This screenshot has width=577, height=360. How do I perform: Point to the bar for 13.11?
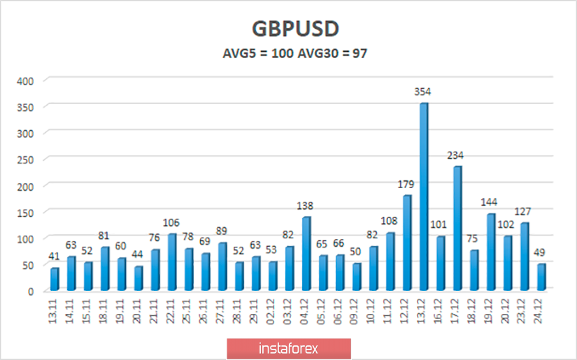click(x=54, y=278)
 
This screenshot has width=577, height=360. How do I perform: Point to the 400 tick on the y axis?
click(x=25, y=81)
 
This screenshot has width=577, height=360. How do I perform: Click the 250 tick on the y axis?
click(x=25, y=159)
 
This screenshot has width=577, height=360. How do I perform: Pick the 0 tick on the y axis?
click(x=30, y=291)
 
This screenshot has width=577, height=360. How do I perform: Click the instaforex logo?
click(x=289, y=348)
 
